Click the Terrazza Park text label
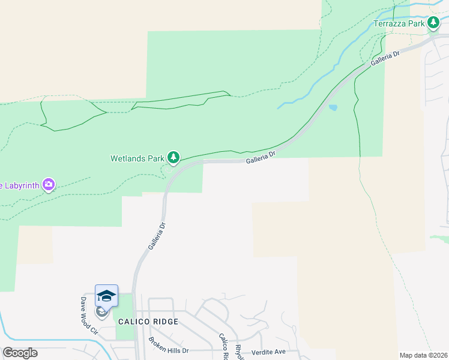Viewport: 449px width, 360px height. [x=399, y=23]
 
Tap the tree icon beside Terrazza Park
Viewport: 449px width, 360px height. [x=433, y=23]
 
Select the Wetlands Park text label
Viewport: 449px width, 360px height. [x=137, y=159]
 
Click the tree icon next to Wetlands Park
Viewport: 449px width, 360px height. [x=173, y=158]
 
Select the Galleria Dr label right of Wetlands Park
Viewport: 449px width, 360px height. [x=260, y=158]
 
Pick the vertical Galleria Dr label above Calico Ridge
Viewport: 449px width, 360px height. [x=155, y=237]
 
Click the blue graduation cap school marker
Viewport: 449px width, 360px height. [x=106, y=295]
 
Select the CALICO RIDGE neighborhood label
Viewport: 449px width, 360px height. [x=148, y=322]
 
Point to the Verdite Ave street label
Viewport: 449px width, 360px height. [x=268, y=351]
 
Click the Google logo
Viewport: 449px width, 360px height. [x=20, y=353]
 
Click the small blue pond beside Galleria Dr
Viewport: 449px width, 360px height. [x=333, y=109]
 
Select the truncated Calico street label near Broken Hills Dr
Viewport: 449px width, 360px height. [x=223, y=346]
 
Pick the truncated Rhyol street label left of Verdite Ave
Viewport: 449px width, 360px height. [x=240, y=349]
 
